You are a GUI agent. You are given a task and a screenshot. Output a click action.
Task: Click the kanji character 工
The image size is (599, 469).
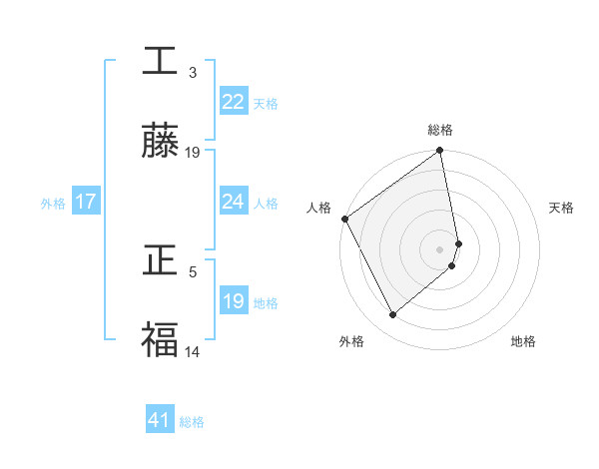pos(160,62)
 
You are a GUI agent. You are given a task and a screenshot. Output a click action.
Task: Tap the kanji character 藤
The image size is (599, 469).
pos(160,143)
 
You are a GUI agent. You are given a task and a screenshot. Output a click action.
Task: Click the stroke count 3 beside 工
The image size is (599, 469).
pos(193,73)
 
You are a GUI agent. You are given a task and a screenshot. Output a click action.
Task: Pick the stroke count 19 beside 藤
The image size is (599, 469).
pos(193,153)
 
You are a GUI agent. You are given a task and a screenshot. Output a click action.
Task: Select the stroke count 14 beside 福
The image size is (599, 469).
pos(193,350)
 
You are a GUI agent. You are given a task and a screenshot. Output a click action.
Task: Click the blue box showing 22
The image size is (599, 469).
pos(234,102)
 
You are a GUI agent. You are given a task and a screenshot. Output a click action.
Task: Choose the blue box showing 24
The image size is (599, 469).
pos(234,202)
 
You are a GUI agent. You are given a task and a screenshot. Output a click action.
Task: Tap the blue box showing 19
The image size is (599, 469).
pos(234,301)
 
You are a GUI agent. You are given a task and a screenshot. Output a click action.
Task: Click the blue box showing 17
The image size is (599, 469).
pos(86,202)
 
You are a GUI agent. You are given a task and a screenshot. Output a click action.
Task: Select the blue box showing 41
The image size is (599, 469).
pos(160,420)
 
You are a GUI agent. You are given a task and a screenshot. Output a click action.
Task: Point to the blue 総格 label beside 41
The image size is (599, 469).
pos(192,422)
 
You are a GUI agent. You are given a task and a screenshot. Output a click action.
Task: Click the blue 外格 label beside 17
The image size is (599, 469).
pos(53,204)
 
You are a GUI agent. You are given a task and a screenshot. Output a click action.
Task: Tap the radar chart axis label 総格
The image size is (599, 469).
pos(440,130)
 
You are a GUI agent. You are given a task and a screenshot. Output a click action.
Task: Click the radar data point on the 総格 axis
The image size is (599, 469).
pos(439,152)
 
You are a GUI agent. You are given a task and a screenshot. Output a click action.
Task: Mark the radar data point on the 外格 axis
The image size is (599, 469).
pos(392,315)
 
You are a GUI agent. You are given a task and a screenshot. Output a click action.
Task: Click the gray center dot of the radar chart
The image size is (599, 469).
pos(439,248)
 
